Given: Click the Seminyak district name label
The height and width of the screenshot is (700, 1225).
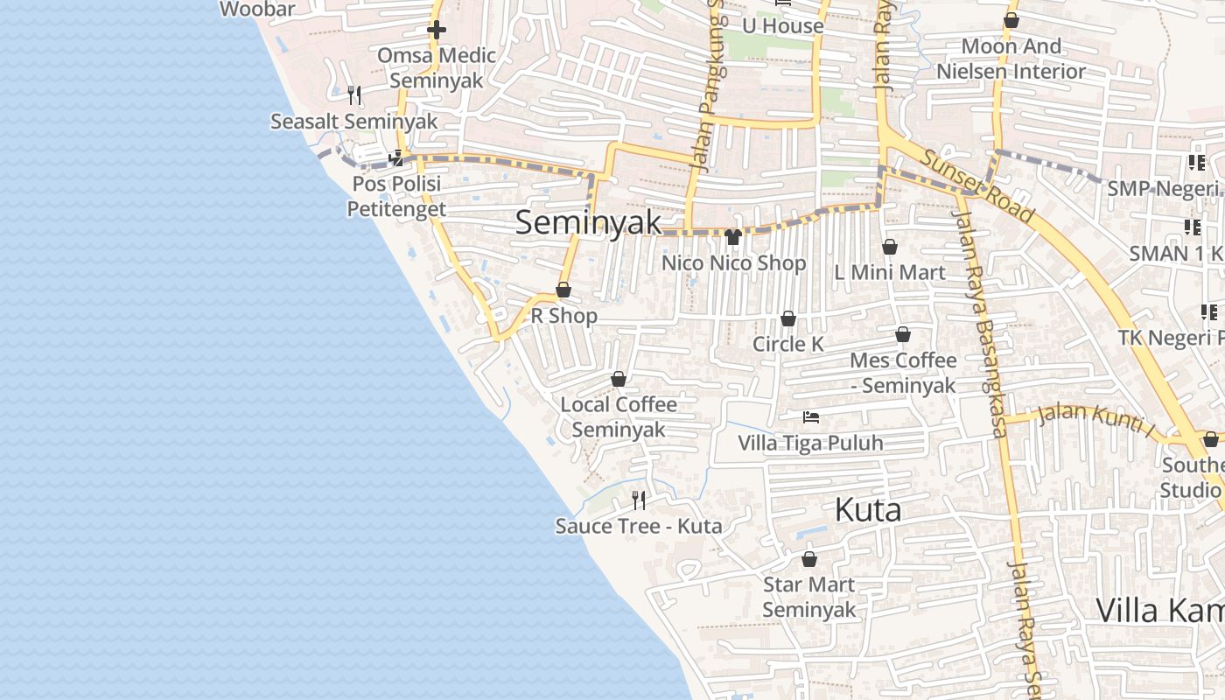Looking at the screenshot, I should coord(588,222).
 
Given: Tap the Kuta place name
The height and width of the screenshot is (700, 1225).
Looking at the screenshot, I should coord(867,509).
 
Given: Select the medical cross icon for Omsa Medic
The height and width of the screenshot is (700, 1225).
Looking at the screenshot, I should coord(436,30).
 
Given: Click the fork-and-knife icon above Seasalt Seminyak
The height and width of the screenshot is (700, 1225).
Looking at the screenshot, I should coord(354,94).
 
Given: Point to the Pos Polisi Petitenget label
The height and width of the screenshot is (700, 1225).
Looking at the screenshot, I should coord(396,197).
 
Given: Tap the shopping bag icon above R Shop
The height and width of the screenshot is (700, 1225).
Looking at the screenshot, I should coord(563,290).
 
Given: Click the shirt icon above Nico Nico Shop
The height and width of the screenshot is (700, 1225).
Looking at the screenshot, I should coord(733,237).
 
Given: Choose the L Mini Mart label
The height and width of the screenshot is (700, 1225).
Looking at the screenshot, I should coord(889,272).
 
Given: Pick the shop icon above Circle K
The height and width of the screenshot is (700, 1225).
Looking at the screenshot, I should coord(788,318).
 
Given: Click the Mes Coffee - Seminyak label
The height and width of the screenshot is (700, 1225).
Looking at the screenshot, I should coord(903,373).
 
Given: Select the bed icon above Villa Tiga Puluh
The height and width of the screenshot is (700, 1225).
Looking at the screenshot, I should coord(811,416).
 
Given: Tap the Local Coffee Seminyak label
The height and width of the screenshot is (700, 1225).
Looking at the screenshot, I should coord(619,417).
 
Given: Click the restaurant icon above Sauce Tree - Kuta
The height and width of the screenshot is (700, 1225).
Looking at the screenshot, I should coord(639,500).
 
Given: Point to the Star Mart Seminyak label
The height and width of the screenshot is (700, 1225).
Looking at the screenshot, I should coord(809,597).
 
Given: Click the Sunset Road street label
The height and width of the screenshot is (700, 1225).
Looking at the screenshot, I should coord(976,186).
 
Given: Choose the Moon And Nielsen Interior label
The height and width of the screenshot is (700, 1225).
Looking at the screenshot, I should coord(1011,59).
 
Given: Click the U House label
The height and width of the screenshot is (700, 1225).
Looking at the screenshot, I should coord(782,26).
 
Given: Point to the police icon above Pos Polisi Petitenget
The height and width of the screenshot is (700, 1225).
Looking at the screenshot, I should coord(396,158).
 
